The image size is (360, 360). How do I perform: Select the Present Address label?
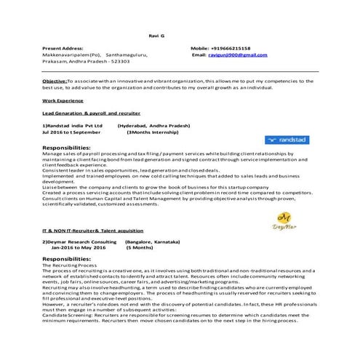63,47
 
